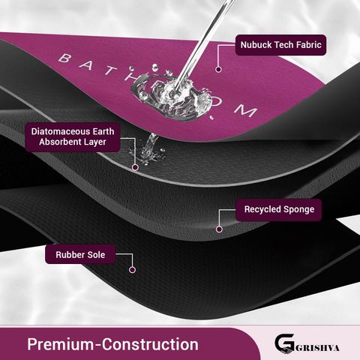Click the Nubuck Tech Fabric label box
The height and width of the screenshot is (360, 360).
pos(280,45)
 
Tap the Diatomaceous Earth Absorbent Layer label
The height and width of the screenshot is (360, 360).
pos(73,136)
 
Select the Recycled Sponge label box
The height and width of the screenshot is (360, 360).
pos(279,209)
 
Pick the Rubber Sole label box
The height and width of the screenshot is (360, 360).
pos(80,254)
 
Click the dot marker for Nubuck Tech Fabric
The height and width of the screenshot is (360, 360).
pos(218,69)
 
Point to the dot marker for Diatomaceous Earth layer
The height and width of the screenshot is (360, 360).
pos(135,167)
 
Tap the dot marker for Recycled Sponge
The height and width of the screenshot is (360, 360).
pos(219,229)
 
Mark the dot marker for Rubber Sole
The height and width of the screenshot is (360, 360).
pos(132,270)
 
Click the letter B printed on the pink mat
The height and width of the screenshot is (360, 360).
pos(64,58)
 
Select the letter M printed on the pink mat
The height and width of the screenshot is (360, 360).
pos(247,110)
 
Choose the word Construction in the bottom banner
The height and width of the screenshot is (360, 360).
pos(150,344)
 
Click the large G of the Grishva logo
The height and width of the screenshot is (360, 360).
pos(284,343)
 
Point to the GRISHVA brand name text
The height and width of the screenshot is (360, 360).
pos(317,348)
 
